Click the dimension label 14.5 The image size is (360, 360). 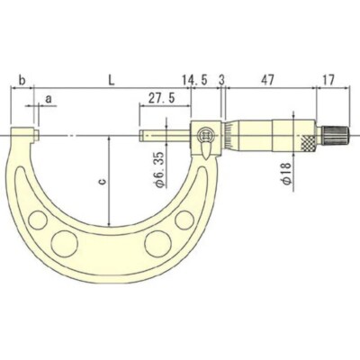[194, 80]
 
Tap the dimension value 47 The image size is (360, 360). [267, 80]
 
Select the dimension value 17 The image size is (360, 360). [328, 80]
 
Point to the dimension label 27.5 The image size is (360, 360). [162, 98]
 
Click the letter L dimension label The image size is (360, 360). [112, 80]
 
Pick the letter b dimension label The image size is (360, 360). [22, 80]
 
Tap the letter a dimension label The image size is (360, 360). [48, 98]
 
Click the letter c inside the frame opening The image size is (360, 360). [102, 181]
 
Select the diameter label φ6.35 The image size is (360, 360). [160, 170]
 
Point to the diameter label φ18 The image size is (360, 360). [287, 174]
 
